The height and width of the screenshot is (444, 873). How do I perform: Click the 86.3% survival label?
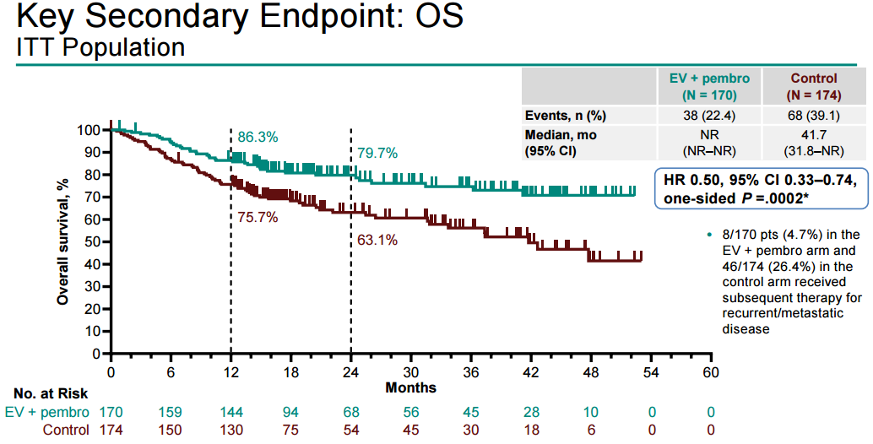(x=258, y=137)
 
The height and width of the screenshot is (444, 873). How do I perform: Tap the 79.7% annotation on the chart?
(x=377, y=153)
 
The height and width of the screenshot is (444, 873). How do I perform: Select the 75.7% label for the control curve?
(x=258, y=217)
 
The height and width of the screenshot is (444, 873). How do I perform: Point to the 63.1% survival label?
(x=377, y=240)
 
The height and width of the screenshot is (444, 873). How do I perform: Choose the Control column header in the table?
(x=814, y=86)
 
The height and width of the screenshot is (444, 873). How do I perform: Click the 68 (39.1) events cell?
(x=814, y=116)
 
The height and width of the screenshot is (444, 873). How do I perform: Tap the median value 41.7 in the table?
(x=814, y=135)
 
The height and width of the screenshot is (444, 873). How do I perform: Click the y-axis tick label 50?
(x=92, y=242)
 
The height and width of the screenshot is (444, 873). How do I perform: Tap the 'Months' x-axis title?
(x=411, y=387)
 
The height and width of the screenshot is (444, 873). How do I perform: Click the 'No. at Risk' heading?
(x=51, y=393)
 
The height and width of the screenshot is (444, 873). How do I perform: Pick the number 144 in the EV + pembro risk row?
(x=230, y=412)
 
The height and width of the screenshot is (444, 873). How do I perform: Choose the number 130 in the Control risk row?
(x=230, y=430)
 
